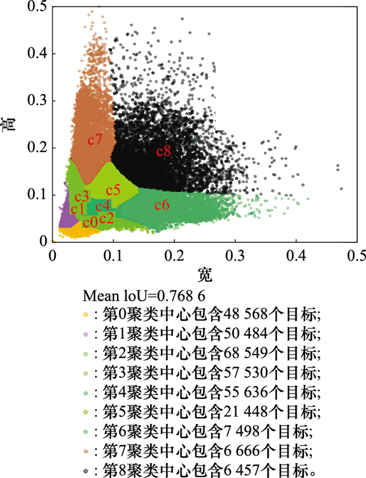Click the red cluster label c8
coord(164,151)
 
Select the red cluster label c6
coord(162,205)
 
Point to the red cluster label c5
coord(113,190)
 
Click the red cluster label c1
coord(78,209)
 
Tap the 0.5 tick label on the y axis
coord(36,6)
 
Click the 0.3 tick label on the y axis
coord(36,100)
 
